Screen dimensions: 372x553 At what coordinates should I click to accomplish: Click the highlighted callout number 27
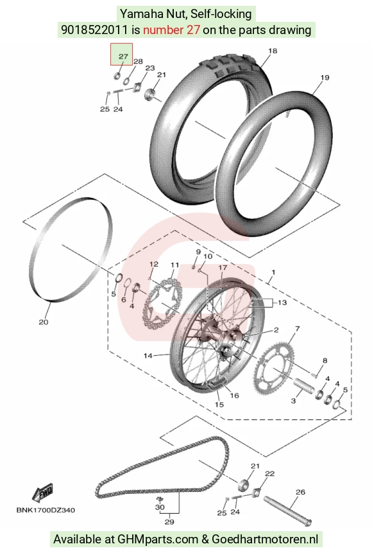click(x=123, y=56)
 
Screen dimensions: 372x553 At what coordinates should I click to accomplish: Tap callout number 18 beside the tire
click(x=273, y=51)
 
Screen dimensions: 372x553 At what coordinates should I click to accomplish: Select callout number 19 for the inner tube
click(x=325, y=77)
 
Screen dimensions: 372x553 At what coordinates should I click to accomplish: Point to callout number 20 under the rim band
click(x=44, y=322)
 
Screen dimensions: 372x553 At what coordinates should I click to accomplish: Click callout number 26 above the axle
click(x=300, y=492)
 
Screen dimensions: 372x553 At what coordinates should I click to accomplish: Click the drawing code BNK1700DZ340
click(x=46, y=510)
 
